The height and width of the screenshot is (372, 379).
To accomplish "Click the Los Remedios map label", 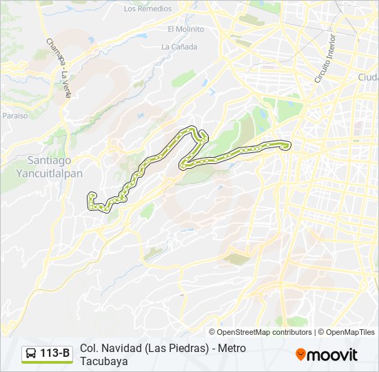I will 147,9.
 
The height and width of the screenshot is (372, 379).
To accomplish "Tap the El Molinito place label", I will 186,29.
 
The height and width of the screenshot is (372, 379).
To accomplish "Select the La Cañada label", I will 179,47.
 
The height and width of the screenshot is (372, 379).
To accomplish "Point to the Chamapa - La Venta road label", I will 59,68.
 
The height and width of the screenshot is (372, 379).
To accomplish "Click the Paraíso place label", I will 14,116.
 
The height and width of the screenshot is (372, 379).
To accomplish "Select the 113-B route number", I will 55,354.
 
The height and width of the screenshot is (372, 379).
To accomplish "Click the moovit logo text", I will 333,355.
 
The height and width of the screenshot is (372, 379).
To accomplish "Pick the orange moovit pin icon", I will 301,355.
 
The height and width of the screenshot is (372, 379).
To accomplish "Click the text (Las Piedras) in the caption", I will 176,348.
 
